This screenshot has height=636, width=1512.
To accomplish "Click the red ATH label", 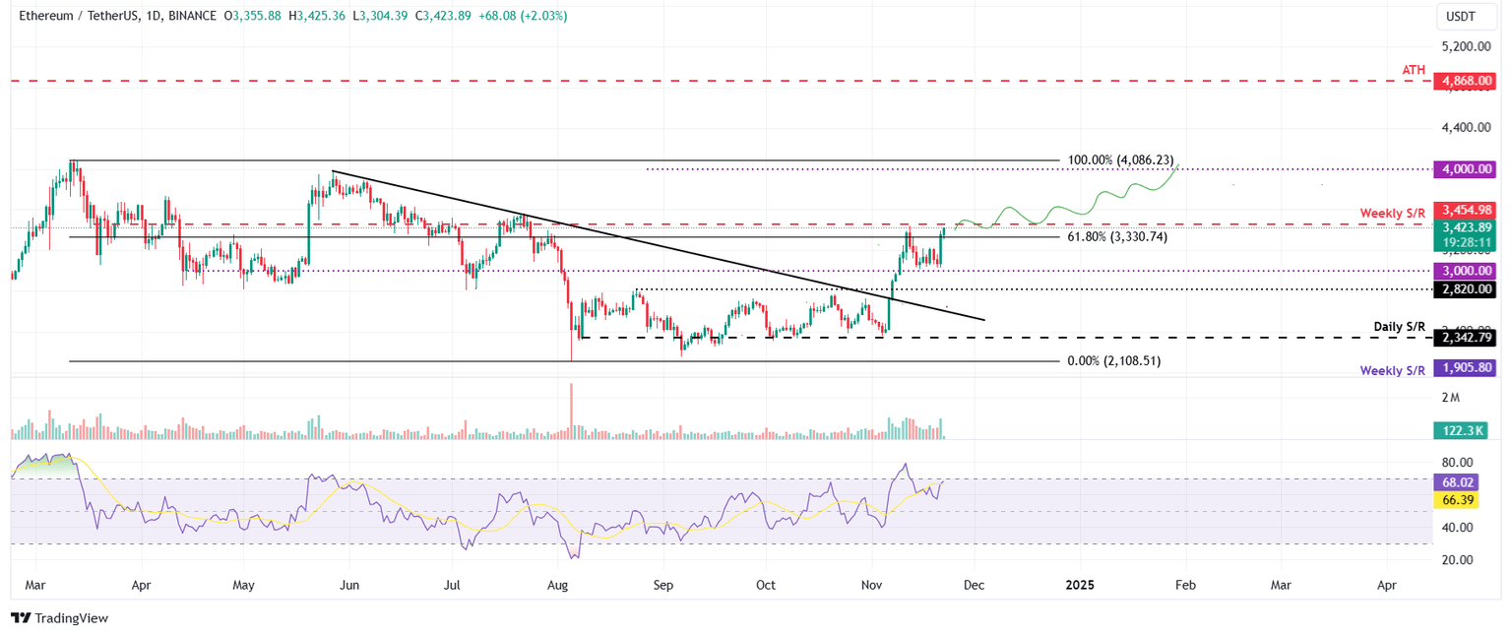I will tap(1414, 69).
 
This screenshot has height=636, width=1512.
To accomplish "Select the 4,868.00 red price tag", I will tap(1465, 82).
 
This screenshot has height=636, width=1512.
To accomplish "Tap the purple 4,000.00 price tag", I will tap(1465, 169).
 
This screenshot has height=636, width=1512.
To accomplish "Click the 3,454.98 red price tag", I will tap(1465, 210).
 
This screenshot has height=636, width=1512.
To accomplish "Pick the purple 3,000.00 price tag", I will tap(1465, 270).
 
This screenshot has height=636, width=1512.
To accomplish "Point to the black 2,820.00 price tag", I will tap(1465, 289).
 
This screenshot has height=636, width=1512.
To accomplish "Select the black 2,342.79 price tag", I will tap(1465, 338).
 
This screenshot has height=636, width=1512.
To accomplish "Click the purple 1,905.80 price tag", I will tap(1465, 367).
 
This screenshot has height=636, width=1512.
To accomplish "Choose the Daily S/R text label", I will tap(1399, 326).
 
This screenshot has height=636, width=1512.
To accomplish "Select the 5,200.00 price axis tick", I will tap(1471, 46).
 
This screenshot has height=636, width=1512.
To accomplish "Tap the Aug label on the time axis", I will tap(557, 585).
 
